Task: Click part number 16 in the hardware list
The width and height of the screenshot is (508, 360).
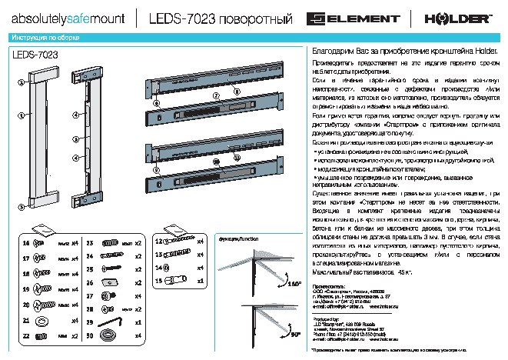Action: coord(25,243)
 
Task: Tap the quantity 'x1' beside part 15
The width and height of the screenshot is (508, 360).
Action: coord(201,282)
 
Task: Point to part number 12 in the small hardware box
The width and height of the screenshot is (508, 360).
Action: coord(158,242)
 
